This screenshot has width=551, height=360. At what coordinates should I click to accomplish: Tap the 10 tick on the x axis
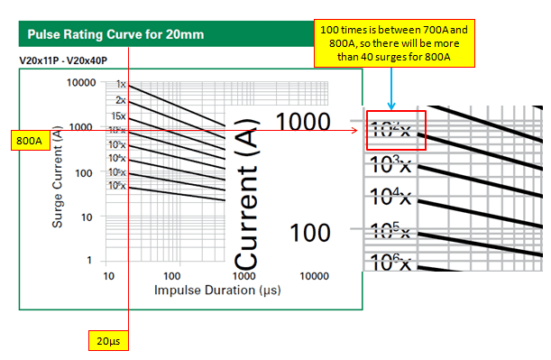[x=109, y=273]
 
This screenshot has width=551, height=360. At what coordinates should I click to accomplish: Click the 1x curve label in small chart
[x=121, y=85]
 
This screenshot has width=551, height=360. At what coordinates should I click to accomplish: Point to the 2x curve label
[x=121, y=100]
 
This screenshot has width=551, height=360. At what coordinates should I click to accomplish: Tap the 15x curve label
[x=118, y=116]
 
